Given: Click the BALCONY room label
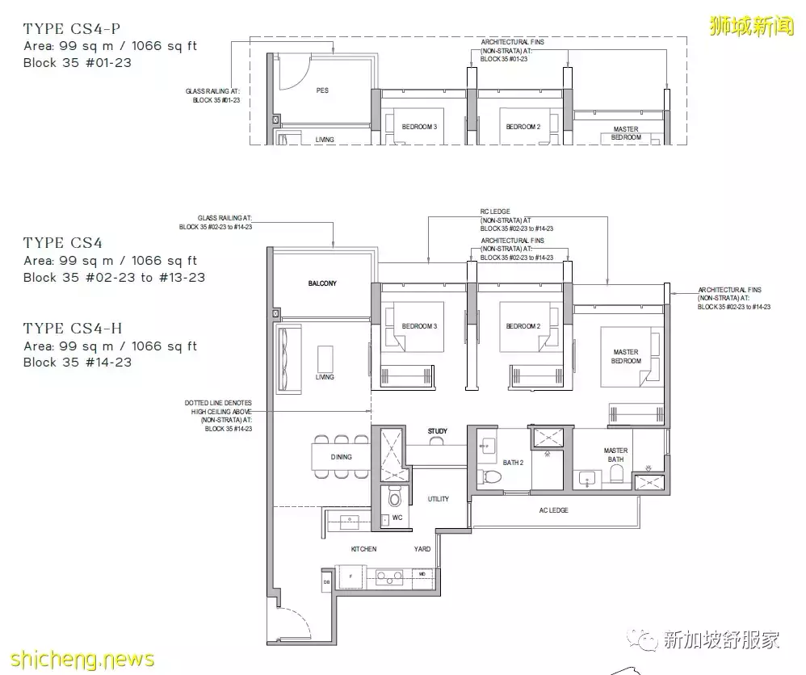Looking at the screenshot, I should [321, 284].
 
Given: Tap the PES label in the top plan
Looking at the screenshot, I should [322, 90].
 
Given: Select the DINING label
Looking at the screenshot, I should [341, 457].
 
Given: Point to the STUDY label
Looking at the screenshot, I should [438, 432].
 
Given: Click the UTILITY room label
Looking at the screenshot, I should [439, 500].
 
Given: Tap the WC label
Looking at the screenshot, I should [397, 518].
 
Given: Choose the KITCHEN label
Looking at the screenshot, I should [363, 549].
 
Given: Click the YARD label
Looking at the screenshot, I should [422, 549].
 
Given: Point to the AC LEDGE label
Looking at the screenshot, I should [554, 511].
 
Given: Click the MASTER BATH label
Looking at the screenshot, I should [615, 455].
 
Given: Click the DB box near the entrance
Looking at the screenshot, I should [326, 581].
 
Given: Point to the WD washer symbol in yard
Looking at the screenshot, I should [422, 575].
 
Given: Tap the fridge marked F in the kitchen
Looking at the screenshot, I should [351, 577].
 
